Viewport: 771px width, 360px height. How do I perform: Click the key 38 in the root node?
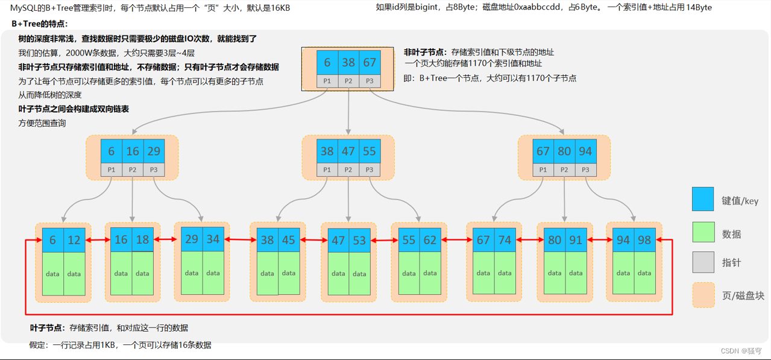[348, 63]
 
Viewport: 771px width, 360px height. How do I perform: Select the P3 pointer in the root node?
[370, 81]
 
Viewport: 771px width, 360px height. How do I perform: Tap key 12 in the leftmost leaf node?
[74, 240]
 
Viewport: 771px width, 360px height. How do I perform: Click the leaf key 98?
[644, 240]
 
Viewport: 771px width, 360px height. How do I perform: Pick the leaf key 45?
[289, 240]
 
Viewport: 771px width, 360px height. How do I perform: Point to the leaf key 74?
[505, 240]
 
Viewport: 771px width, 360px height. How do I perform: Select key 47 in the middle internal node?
[348, 151]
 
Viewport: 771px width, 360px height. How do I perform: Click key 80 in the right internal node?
[564, 151]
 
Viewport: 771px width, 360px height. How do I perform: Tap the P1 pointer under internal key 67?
[543, 170]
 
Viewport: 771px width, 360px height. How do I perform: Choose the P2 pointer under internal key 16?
[133, 170]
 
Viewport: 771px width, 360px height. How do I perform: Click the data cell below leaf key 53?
[359, 274]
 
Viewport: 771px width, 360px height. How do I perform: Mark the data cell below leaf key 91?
[576, 273]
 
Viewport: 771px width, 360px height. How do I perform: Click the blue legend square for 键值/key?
[703, 199]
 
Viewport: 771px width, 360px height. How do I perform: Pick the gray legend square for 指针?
[703, 262]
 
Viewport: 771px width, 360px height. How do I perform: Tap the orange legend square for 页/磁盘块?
[703, 295]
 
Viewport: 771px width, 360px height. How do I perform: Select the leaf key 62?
[430, 240]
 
